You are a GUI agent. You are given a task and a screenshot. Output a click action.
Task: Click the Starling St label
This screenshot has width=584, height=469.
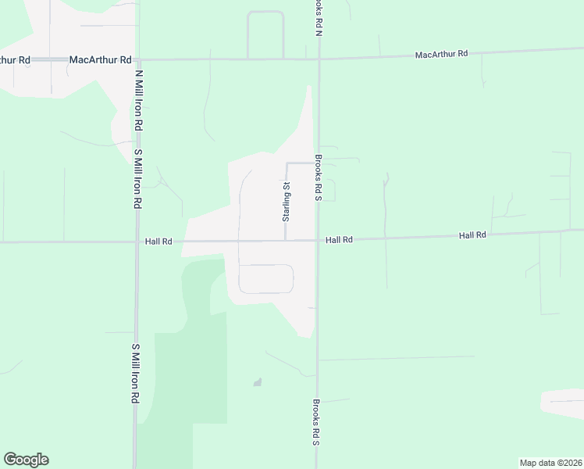287,201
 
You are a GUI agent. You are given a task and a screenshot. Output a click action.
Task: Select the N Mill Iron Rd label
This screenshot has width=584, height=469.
139,100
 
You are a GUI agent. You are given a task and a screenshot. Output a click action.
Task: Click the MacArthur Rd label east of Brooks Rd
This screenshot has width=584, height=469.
441,54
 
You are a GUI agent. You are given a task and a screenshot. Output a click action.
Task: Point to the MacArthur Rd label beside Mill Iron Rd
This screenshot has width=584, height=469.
94,59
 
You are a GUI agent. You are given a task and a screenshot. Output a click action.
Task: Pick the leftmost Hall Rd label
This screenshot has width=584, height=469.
158,242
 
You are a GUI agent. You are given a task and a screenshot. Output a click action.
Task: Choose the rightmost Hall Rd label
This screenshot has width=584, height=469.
472,234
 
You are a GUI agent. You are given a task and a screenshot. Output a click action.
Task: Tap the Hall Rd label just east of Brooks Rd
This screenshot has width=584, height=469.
340,240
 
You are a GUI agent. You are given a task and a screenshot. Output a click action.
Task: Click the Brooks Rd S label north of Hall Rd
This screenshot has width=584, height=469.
319,177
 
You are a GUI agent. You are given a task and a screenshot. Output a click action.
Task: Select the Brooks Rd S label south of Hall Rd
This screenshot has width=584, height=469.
317,423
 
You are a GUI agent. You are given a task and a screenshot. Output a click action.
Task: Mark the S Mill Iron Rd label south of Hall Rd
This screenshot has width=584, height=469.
135,373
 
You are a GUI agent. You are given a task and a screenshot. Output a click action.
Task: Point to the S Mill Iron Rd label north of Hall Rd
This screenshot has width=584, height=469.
137,178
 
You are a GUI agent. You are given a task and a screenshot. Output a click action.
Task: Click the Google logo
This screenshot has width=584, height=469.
26,460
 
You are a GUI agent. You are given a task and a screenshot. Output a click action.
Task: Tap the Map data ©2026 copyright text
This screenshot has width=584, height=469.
550,463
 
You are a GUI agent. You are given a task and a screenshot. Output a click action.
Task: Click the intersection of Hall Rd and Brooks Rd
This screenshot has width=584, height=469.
318,240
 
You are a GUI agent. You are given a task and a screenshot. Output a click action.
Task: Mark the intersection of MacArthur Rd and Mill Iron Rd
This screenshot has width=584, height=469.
137,59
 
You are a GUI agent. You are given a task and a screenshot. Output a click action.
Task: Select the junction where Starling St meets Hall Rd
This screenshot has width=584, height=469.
286,240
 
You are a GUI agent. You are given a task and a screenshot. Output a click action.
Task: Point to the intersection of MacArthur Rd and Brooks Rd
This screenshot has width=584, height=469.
319,59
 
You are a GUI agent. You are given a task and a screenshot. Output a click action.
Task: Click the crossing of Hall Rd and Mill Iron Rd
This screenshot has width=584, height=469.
137,242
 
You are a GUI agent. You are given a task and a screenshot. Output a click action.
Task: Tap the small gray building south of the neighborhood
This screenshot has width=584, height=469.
257,382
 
